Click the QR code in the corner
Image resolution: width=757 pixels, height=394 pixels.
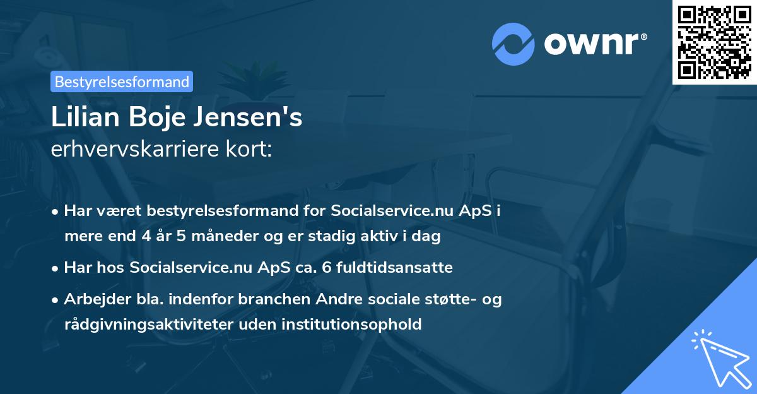tap(714, 42)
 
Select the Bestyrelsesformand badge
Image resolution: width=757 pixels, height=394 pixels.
tap(122, 81)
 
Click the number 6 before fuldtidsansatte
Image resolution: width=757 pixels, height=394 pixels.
tap(326, 268)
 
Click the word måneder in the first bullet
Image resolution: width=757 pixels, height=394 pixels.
tap(208, 237)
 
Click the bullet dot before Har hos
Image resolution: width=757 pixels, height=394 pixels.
tap(56, 268)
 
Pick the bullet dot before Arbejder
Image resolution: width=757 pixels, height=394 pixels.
tap(56, 300)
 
